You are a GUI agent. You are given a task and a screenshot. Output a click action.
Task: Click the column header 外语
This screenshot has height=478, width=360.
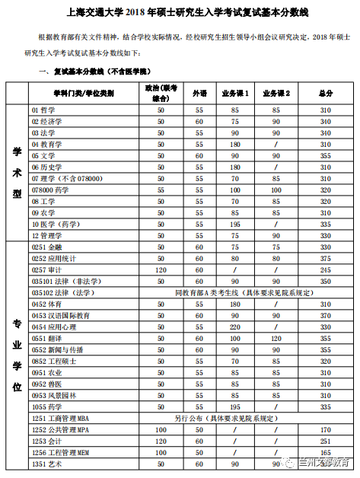[199, 92]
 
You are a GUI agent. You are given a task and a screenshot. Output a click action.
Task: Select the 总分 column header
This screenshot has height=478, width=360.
[326, 92]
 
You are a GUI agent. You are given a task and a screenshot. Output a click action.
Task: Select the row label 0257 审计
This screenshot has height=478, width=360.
[46, 269]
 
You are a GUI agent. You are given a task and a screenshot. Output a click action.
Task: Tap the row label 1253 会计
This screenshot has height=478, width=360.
[46, 441]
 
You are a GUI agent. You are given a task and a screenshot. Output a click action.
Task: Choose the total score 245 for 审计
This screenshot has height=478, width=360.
[326, 269]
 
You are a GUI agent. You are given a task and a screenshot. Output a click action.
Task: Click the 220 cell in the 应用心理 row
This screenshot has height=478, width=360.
[235, 327]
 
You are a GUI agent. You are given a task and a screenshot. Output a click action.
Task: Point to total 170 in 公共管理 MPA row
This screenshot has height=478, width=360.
[326, 429]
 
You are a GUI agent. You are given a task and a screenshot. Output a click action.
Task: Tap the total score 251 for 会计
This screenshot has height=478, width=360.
[326, 441]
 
